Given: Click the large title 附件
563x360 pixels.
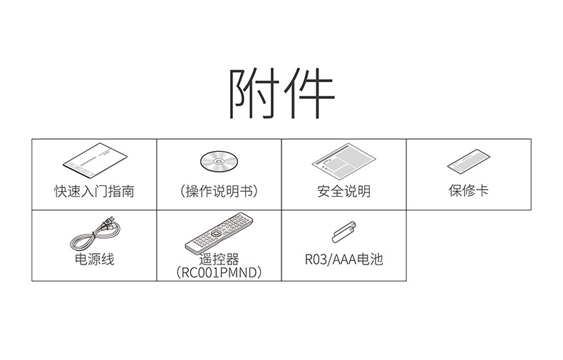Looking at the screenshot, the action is (x=281, y=94).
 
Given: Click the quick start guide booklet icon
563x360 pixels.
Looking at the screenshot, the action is (x=94, y=160).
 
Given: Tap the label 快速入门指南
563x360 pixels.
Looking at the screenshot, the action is (x=94, y=191).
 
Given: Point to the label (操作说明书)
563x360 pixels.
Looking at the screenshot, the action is (x=219, y=191).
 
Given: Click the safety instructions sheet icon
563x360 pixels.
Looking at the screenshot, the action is (x=344, y=162).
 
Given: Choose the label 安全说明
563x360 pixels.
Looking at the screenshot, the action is (x=344, y=191).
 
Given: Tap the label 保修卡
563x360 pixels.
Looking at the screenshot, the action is (x=468, y=191).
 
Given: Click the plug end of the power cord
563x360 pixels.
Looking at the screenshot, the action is (x=112, y=227).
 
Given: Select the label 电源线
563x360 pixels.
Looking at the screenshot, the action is (x=94, y=259).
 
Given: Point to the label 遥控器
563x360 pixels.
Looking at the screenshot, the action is (x=219, y=259).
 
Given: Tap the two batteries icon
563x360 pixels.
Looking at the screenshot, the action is (x=343, y=232).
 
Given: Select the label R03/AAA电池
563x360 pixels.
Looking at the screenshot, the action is (x=344, y=259).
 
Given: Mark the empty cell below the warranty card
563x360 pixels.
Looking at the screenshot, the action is (x=468, y=245).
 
